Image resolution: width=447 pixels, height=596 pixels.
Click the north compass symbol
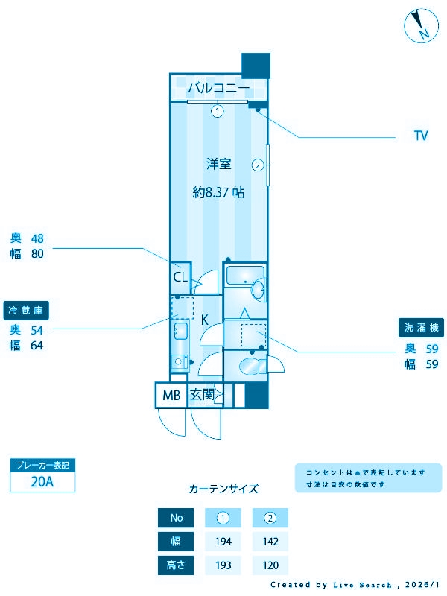point(420,26)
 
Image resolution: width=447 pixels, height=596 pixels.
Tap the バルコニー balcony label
point(218,89)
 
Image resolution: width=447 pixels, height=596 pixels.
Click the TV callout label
point(421,136)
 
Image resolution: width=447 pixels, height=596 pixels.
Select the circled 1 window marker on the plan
point(217,112)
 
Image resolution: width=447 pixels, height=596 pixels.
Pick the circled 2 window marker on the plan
point(258,165)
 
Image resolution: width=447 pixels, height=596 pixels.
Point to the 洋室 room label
point(218,164)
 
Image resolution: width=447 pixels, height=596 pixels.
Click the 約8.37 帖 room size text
point(218,192)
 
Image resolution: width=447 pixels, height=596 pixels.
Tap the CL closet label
point(180,278)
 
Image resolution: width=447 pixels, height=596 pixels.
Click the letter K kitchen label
point(204,319)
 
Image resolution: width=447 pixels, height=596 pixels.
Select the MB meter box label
point(171,396)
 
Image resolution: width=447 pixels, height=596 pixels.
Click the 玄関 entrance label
point(202,395)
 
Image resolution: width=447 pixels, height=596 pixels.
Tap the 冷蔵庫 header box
point(31,310)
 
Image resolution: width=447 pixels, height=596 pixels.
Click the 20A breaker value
point(42,481)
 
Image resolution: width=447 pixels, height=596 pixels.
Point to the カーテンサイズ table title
point(223,489)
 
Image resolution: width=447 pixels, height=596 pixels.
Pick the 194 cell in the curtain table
point(223,542)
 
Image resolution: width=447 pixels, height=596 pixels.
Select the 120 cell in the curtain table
point(270,565)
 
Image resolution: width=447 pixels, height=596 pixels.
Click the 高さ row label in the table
point(176,565)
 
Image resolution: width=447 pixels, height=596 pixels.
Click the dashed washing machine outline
point(254,335)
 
